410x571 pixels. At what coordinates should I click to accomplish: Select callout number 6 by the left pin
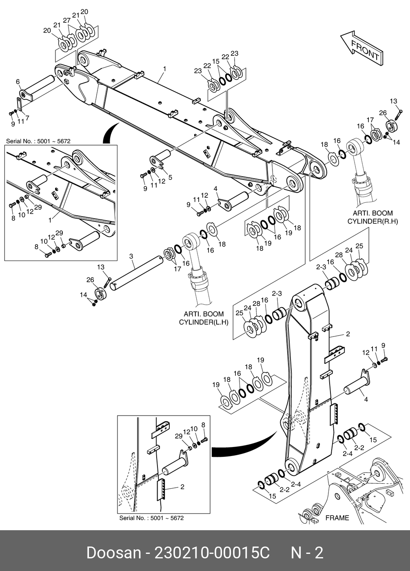(18, 82)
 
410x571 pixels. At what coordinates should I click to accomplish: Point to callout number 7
(27, 118)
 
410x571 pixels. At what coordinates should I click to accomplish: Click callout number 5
(170, 177)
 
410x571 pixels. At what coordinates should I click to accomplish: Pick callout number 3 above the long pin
(131, 256)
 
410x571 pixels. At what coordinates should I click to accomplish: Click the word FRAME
(337, 518)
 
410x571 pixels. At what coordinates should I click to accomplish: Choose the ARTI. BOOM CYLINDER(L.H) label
(202, 318)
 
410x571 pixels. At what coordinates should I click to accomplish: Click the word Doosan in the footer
(113, 553)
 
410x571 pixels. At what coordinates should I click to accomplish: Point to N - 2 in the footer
(306, 553)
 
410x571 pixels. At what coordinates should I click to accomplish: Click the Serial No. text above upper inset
(38, 141)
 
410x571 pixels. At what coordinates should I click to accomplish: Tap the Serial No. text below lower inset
(151, 518)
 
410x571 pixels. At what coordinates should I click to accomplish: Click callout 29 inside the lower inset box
(178, 436)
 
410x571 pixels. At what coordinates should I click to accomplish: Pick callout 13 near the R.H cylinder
(393, 101)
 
